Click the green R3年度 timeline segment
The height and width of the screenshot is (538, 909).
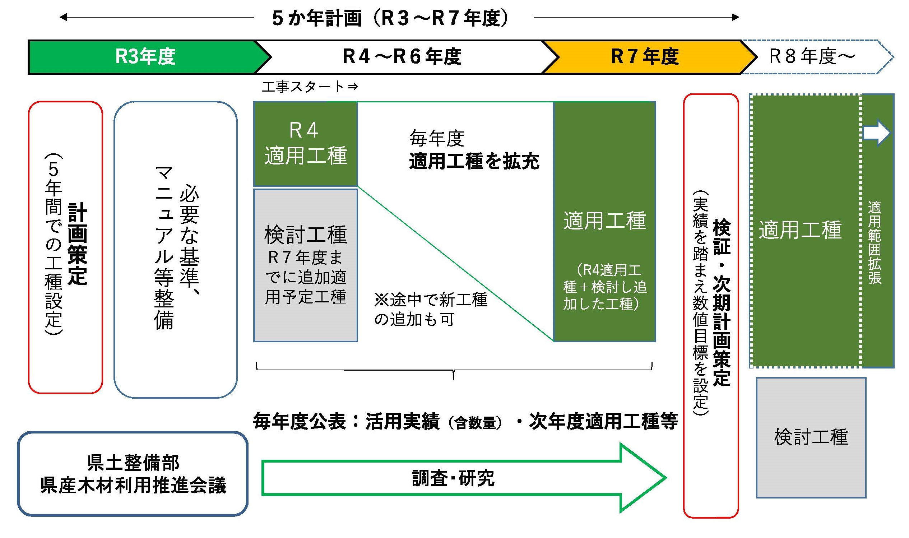[145, 57]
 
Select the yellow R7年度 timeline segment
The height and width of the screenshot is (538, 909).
[644, 57]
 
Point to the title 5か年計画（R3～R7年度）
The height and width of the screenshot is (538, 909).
[391, 18]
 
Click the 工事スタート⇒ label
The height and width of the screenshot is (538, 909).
[310, 87]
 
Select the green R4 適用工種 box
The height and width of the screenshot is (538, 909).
[306, 144]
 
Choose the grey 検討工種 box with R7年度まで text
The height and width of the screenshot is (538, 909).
[306, 265]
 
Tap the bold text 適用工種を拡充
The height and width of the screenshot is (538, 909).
[474, 161]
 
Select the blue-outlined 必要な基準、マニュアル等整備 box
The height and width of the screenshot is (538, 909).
[175, 249]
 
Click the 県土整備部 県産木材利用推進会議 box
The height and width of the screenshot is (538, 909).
[133, 473]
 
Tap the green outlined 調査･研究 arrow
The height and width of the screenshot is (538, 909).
[453, 478]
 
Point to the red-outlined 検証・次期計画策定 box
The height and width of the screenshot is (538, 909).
[711, 306]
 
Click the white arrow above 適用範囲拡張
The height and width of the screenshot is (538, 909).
[876, 133]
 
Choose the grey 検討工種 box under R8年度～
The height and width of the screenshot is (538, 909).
[811, 437]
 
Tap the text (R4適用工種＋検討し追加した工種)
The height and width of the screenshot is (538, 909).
[604, 287]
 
